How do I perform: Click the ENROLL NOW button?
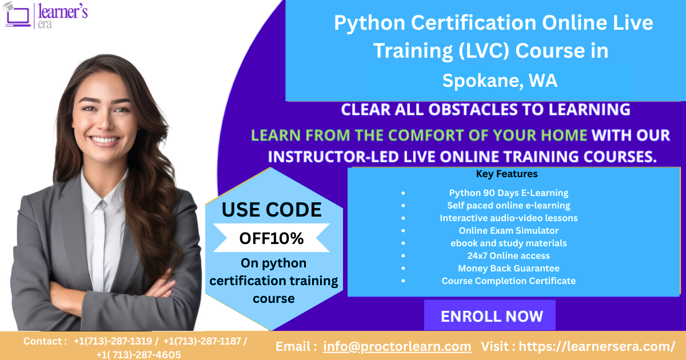[x=491, y=316]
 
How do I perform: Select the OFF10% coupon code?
[x=271, y=238]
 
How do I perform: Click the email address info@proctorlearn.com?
[x=397, y=346]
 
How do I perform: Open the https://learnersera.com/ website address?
[x=597, y=346]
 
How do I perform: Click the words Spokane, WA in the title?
[x=500, y=81]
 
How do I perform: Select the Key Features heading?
[x=506, y=174]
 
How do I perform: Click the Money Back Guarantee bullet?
[x=508, y=268]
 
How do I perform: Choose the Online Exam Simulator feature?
[x=508, y=230]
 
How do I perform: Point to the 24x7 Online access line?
[x=508, y=255]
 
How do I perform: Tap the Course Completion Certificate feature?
[x=508, y=281]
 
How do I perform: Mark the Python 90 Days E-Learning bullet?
[x=508, y=193]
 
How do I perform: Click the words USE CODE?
[x=272, y=210]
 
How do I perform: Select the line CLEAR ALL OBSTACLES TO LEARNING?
[x=485, y=109]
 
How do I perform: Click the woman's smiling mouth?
[x=106, y=139]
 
